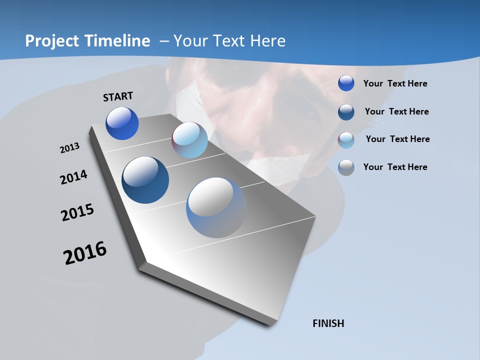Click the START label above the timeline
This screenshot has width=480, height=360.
pyautogui.click(x=118, y=96)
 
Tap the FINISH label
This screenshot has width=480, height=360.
pyautogui.click(x=328, y=323)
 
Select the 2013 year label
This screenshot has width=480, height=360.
pyautogui.click(x=70, y=147)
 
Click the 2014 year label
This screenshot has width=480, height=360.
pyautogui.click(x=74, y=177)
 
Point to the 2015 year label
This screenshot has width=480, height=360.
pyautogui.click(x=77, y=212)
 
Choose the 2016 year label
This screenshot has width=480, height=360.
pyautogui.click(x=85, y=252)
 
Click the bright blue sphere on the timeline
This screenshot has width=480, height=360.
pyautogui.click(x=122, y=123)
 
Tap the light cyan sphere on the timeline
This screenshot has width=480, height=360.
pyautogui.click(x=189, y=140)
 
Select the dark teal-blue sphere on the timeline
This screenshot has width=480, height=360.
pyautogui.click(x=145, y=180)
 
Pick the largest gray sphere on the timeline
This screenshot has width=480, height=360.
pyautogui.click(x=216, y=207)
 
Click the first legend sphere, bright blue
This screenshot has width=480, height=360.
pyautogui.click(x=346, y=83)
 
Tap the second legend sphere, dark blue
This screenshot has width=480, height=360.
pyautogui.click(x=346, y=111)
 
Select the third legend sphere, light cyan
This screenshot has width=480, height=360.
pyautogui.click(x=346, y=139)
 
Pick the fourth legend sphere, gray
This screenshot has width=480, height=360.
pyautogui.click(x=346, y=167)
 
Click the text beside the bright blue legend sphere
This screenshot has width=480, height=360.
pyautogui.click(x=395, y=83)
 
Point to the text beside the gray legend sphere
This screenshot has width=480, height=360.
pyautogui.click(x=395, y=167)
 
